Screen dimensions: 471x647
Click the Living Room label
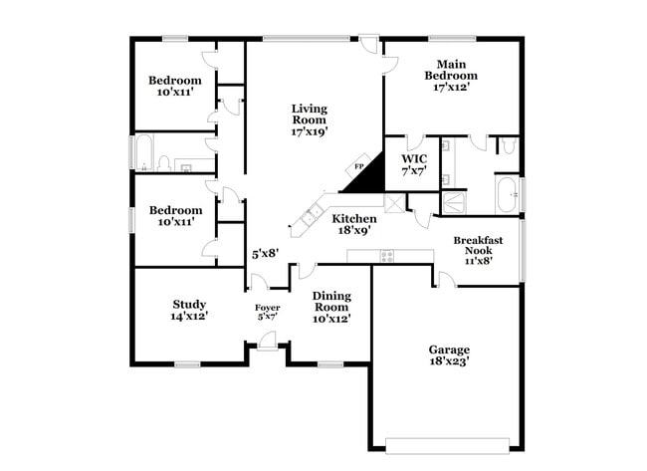coord(309,119)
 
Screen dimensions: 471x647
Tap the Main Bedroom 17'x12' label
coord(451,75)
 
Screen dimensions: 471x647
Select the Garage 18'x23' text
coord(449,355)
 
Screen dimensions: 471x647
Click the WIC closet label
coord(413,164)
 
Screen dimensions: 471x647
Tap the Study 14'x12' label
coord(188,311)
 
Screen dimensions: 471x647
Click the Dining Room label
coord(330,308)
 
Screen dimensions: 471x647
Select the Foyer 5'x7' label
coord(267,313)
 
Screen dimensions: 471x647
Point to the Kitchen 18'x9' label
coord(354,224)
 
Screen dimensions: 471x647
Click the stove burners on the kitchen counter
coord(386,256)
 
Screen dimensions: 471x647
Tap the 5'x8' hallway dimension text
coord(263,254)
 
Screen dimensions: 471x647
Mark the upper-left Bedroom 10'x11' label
coord(175,86)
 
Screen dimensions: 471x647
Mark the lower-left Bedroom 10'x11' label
coord(175,216)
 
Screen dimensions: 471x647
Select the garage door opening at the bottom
coord(450,444)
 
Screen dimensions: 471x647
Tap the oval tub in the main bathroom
coord(507,195)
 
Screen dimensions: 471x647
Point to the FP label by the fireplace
coord(359,166)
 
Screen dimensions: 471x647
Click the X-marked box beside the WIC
coord(394,203)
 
